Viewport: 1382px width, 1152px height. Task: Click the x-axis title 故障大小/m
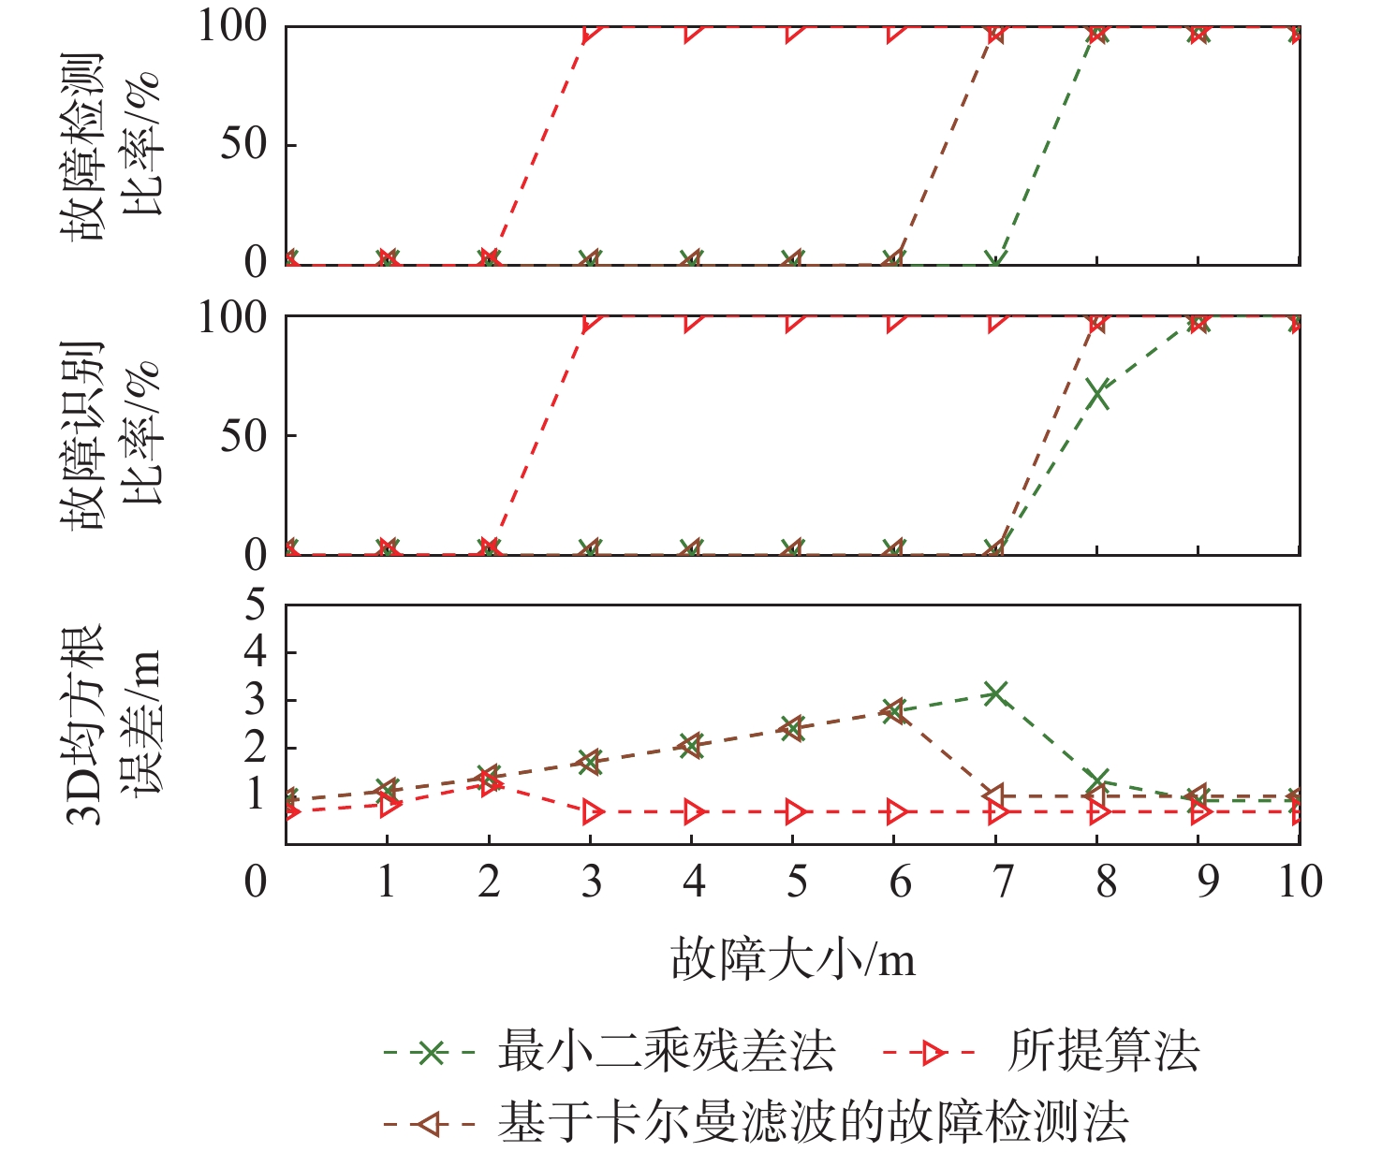[x=792, y=960]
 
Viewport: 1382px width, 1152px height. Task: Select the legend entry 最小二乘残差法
[x=666, y=1052]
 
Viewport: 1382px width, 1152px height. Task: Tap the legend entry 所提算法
[x=1103, y=1052]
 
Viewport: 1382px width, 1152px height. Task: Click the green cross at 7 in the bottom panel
[x=995, y=693]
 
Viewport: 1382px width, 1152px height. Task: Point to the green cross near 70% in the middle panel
[x=1097, y=395]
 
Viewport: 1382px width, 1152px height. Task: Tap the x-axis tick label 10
[x=1300, y=882]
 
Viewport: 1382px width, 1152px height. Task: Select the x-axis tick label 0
[x=255, y=882]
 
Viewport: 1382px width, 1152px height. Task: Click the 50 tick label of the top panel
[x=243, y=144]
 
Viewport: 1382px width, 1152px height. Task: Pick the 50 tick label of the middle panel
[x=243, y=435]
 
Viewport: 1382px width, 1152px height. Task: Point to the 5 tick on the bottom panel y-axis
[x=255, y=605]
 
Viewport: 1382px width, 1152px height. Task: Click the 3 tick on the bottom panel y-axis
[x=255, y=700]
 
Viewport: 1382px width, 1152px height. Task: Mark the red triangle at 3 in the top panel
[x=592, y=34]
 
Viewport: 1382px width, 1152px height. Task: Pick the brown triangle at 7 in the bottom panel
[x=994, y=796]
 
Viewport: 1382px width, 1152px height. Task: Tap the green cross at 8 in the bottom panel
[x=1097, y=780]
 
